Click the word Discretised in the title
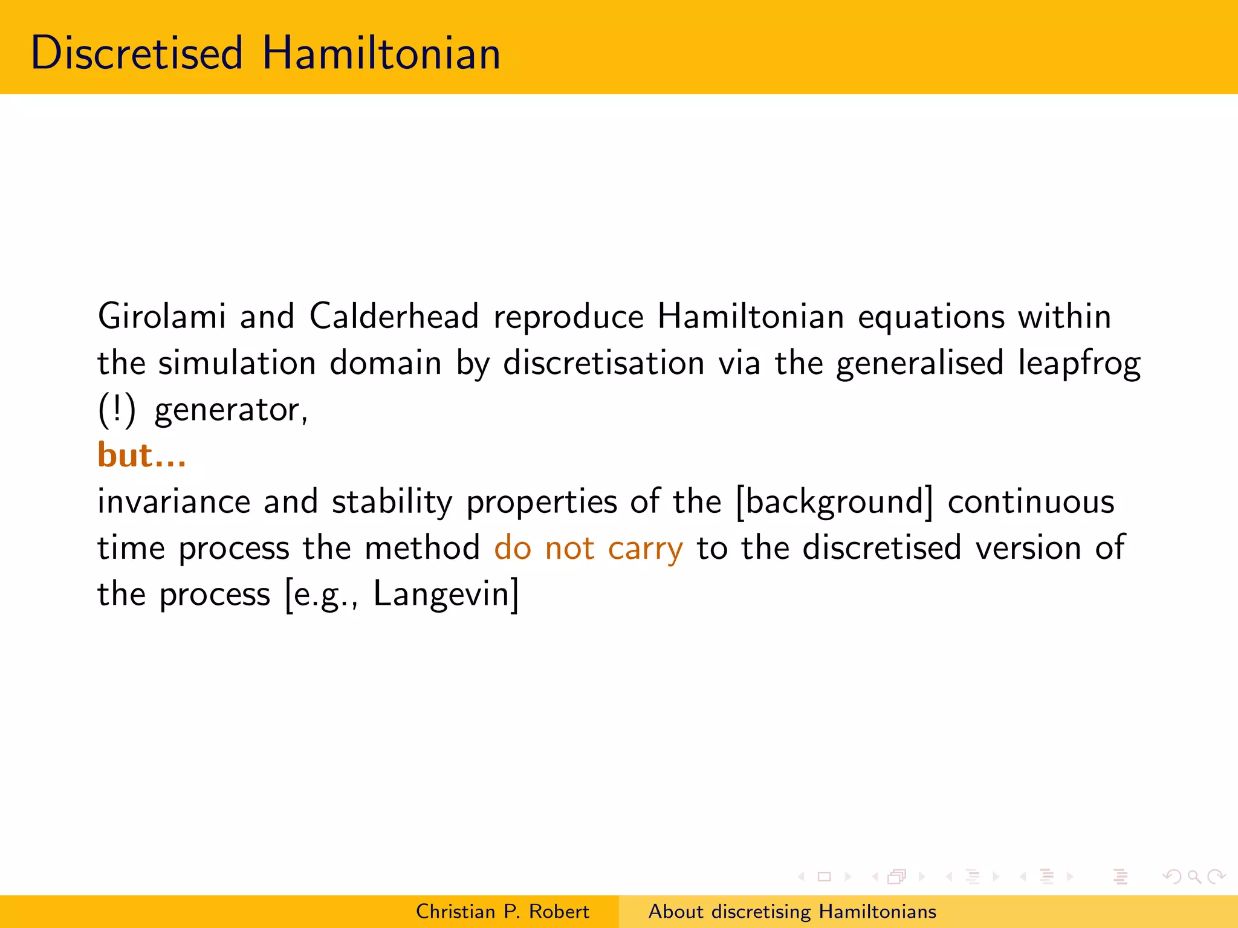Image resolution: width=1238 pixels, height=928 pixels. click(x=137, y=53)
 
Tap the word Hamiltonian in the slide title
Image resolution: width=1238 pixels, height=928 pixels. click(x=381, y=53)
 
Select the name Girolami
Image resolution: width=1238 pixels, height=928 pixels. click(x=162, y=317)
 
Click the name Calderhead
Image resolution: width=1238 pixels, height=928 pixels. click(x=394, y=317)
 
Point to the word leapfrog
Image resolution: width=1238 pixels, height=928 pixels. click(x=1079, y=364)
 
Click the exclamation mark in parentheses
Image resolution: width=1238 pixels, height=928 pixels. click(x=117, y=410)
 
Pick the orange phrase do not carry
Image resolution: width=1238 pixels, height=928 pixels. click(x=588, y=549)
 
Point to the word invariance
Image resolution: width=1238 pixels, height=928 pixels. click(x=173, y=502)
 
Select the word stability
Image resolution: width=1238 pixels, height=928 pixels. click(x=392, y=502)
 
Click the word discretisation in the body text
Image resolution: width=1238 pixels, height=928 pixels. click(x=603, y=364)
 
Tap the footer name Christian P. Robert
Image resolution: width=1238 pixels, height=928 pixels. click(x=502, y=911)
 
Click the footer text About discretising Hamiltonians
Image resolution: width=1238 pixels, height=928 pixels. click(x=792, y=911)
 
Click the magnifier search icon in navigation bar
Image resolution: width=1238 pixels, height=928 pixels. click(x=1194, y=876)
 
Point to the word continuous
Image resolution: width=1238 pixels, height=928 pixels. click(x=1031, y=502)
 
